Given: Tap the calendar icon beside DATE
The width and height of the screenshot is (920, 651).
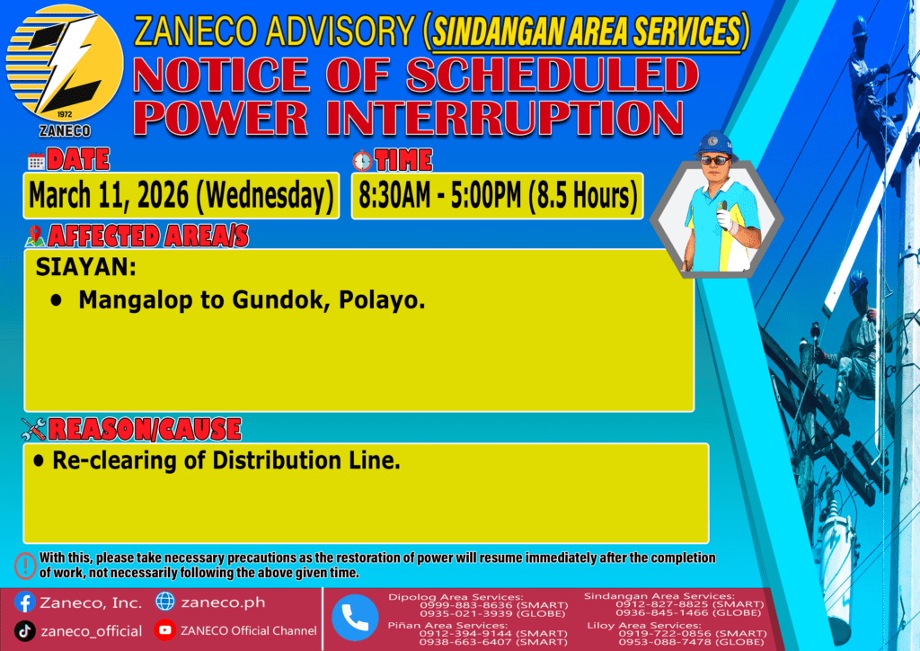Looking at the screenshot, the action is (36, 161).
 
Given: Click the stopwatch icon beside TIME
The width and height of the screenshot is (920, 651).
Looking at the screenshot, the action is (362, 160).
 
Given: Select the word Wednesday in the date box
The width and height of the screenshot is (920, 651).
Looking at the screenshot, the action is (264, 195).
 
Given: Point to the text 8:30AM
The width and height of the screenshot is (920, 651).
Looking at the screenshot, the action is (394, 195).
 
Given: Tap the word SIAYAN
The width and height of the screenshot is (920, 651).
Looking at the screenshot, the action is (85, 267).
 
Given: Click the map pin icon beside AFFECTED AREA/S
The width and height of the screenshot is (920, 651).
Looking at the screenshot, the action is (35, 236).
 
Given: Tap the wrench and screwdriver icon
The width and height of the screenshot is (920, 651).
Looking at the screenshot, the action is (33, 429).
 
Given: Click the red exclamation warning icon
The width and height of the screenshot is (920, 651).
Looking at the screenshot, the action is (25, 566).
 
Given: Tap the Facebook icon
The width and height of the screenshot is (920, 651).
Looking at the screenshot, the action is (24, 602).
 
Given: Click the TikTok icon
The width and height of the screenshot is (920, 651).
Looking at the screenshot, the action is (24, 631).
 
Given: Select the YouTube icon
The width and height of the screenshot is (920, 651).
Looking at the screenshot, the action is (165, 629).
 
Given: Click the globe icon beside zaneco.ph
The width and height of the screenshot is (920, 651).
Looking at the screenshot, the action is (165, 602).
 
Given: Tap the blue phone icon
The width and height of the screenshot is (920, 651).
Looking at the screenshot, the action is (355, 618).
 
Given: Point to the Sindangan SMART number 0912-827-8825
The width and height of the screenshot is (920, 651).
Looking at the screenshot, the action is (660, 604).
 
